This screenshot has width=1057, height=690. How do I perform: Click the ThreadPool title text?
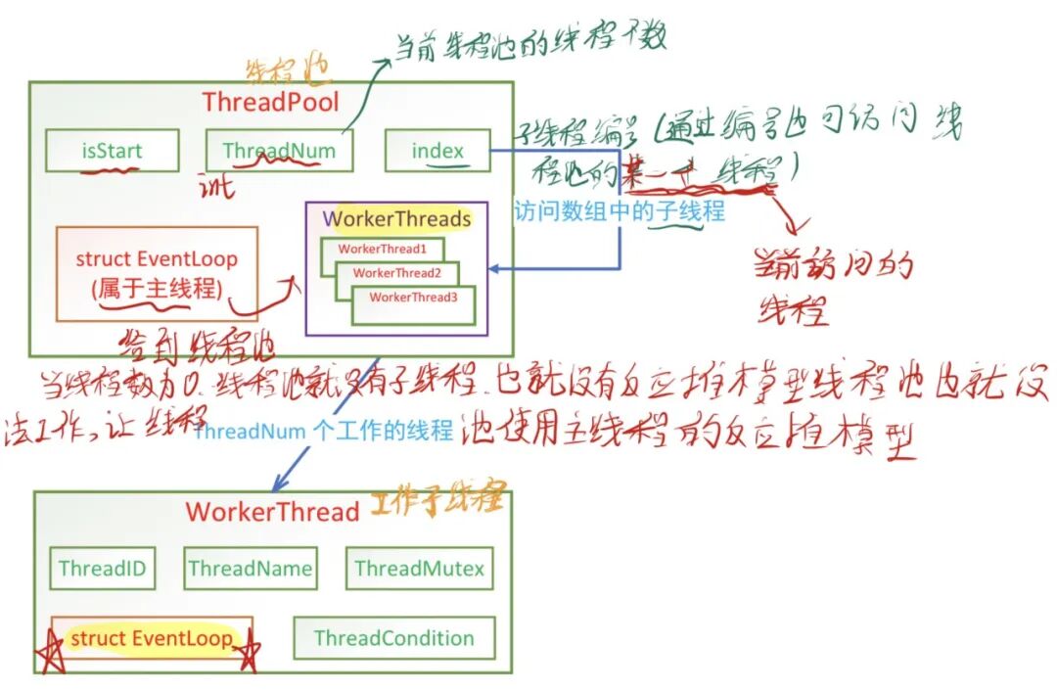coord(271,102)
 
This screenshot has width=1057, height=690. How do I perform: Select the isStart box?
coord(112,151)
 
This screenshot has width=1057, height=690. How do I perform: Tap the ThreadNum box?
coord(279,151)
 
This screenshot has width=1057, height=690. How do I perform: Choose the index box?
coord(437,151)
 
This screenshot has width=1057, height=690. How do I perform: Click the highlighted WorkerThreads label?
coord(395,219)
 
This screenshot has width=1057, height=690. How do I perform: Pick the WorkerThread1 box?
coord(383,250)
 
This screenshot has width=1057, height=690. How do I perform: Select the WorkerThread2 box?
coord(396,273)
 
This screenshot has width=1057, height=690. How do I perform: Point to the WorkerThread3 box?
coord(413,298)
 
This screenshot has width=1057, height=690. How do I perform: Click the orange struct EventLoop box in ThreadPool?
coord(157,273)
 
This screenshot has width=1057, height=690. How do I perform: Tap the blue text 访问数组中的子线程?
coord(620,210)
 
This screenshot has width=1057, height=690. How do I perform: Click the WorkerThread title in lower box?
coord(273,512)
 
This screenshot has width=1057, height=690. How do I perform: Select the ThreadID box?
coord(102,569)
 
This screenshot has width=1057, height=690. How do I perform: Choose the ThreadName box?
coord(250,569)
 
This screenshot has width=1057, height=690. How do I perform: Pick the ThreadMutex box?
coord(419,569)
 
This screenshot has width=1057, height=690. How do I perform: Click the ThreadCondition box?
coord(393,638)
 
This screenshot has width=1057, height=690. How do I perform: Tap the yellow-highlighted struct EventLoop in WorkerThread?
coord(152,638)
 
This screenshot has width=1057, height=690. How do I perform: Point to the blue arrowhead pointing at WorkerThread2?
coord(494,267)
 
